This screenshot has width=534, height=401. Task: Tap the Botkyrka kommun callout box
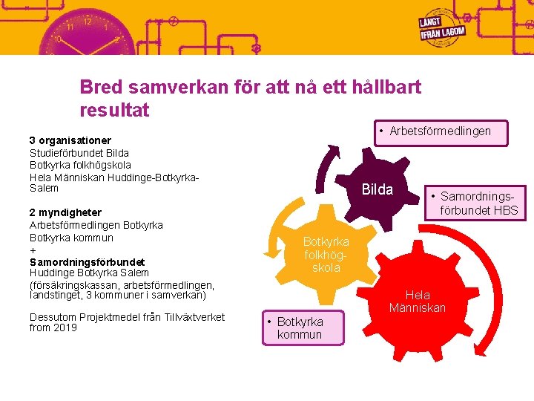tap(303, 327)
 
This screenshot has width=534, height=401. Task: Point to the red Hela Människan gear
tap(417, 301)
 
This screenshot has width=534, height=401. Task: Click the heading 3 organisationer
tap(70, 140)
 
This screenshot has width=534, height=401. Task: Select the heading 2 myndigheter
tap(65, 212)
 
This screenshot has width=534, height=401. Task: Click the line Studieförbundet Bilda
tap(79, 152)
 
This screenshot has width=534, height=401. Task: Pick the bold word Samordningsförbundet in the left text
tap(87, 261)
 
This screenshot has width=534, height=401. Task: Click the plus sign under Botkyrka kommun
tap(33, 250)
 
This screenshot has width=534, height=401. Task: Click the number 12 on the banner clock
tap(88, 22)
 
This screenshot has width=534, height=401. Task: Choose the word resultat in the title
tap(114, 111)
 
